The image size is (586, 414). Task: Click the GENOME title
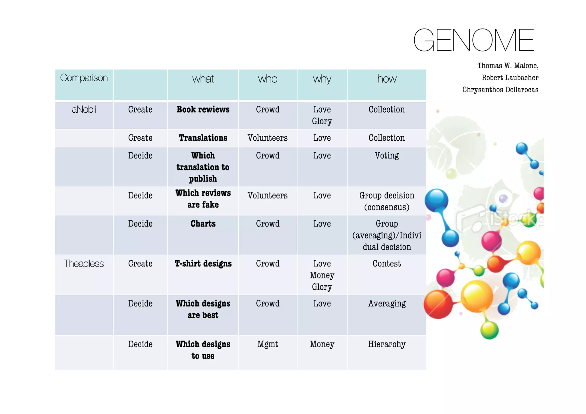473,40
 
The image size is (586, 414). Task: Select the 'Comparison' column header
84,78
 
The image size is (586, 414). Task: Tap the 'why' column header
322,79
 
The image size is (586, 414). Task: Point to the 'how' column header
387,79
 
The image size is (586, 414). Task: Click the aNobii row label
84,110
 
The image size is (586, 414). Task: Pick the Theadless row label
84,264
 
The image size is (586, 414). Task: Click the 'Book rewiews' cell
203,110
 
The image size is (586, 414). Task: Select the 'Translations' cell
203,138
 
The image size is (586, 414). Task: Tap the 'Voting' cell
387,156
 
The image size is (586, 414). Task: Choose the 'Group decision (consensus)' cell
387,201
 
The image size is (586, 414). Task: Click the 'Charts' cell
203,224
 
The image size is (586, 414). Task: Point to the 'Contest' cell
387,264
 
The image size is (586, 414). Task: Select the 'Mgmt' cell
268,344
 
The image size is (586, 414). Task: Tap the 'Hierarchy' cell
387,344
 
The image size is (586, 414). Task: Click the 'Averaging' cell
387,304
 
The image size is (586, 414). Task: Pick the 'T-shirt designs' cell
203,264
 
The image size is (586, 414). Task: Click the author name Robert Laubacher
510,78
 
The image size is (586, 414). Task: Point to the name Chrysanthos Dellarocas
500,90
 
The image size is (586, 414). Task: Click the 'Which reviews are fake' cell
203,199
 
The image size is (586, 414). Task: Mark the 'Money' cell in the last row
322,344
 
